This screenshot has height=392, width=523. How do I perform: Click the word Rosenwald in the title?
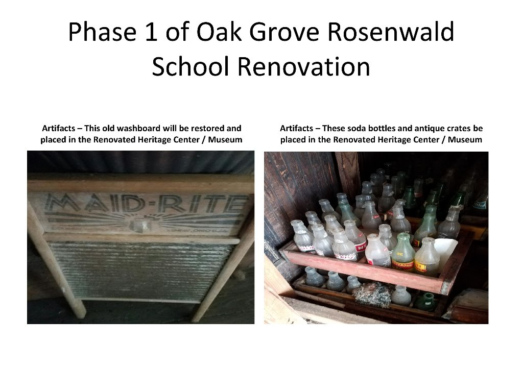click(x=390, y=33)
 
